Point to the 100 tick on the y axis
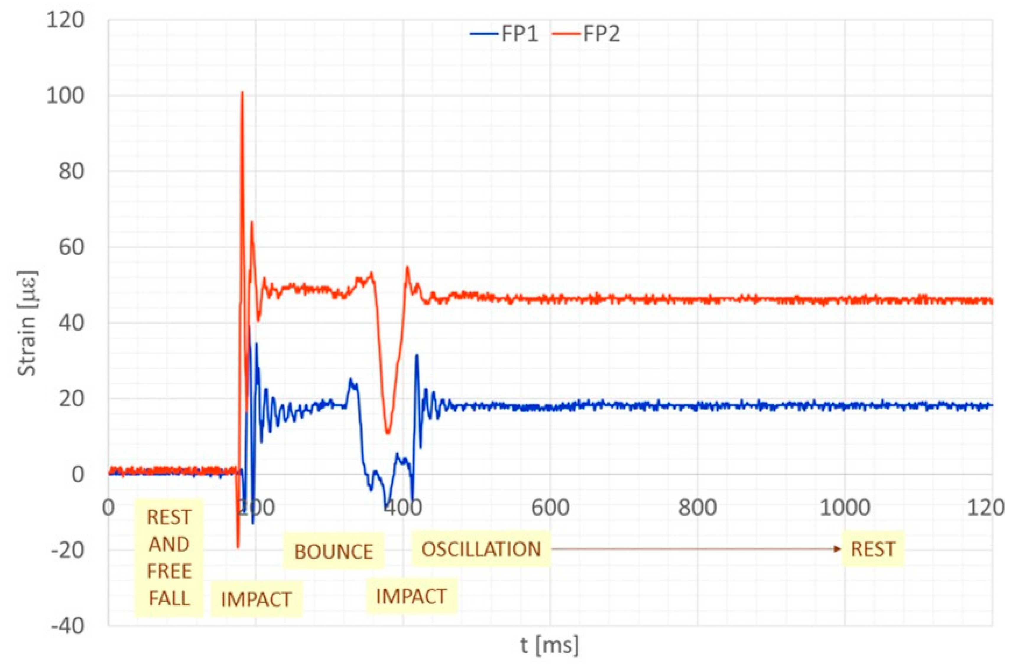tap(65, 95)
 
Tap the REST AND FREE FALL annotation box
tap(169, 558)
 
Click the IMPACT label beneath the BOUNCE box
tap(411, 596)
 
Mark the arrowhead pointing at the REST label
tap(838, 549)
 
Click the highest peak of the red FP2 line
tap(242, 92)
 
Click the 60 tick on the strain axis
tap(71, 247)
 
